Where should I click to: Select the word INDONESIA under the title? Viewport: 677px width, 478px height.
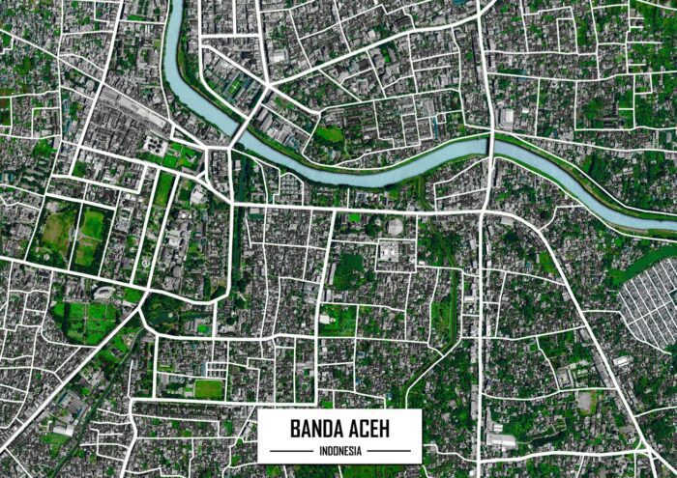[339, 450]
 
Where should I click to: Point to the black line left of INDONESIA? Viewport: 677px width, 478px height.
[290, 450]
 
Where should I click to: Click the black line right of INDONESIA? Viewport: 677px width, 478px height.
[390, 450]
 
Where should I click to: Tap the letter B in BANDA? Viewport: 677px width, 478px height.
[292, 428]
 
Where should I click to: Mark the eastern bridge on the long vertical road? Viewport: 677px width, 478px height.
[491, 146]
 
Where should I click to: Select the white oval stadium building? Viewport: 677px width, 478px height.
[103, 292]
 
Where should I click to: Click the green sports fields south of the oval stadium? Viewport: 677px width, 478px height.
[87, 320]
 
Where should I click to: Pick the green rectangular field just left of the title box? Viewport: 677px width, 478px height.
[209, 388]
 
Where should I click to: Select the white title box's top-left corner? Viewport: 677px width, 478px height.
[259, 410]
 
